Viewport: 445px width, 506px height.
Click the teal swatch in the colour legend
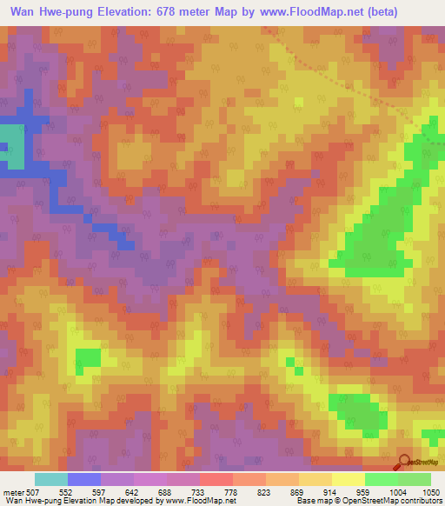click(x=50, y=479)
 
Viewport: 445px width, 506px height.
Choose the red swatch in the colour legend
click(x=216, y=479)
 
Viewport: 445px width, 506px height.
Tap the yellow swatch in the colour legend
click(x=348, y=479)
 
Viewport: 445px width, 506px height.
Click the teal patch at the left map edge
click(x=11, y=146)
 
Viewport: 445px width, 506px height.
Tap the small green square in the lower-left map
click(x=88, y=357)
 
